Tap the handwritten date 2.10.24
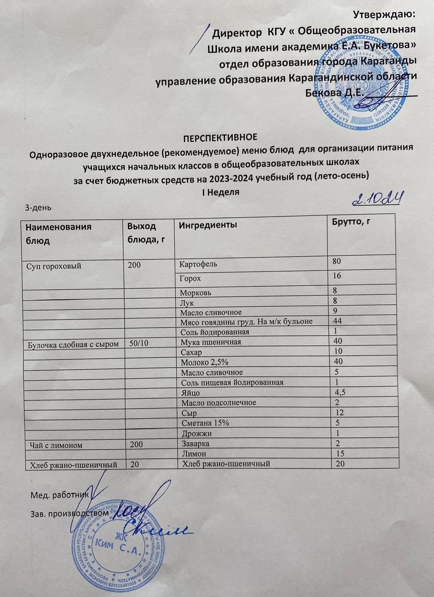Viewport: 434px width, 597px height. (x=377, y=199)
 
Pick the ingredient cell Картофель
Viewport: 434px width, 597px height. (x=198, y=264)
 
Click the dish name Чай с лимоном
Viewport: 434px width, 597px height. (x=51, y=444)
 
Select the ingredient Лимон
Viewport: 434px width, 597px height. (x=193, y=454)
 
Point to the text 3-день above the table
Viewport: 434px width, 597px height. (x=38, y=206)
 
